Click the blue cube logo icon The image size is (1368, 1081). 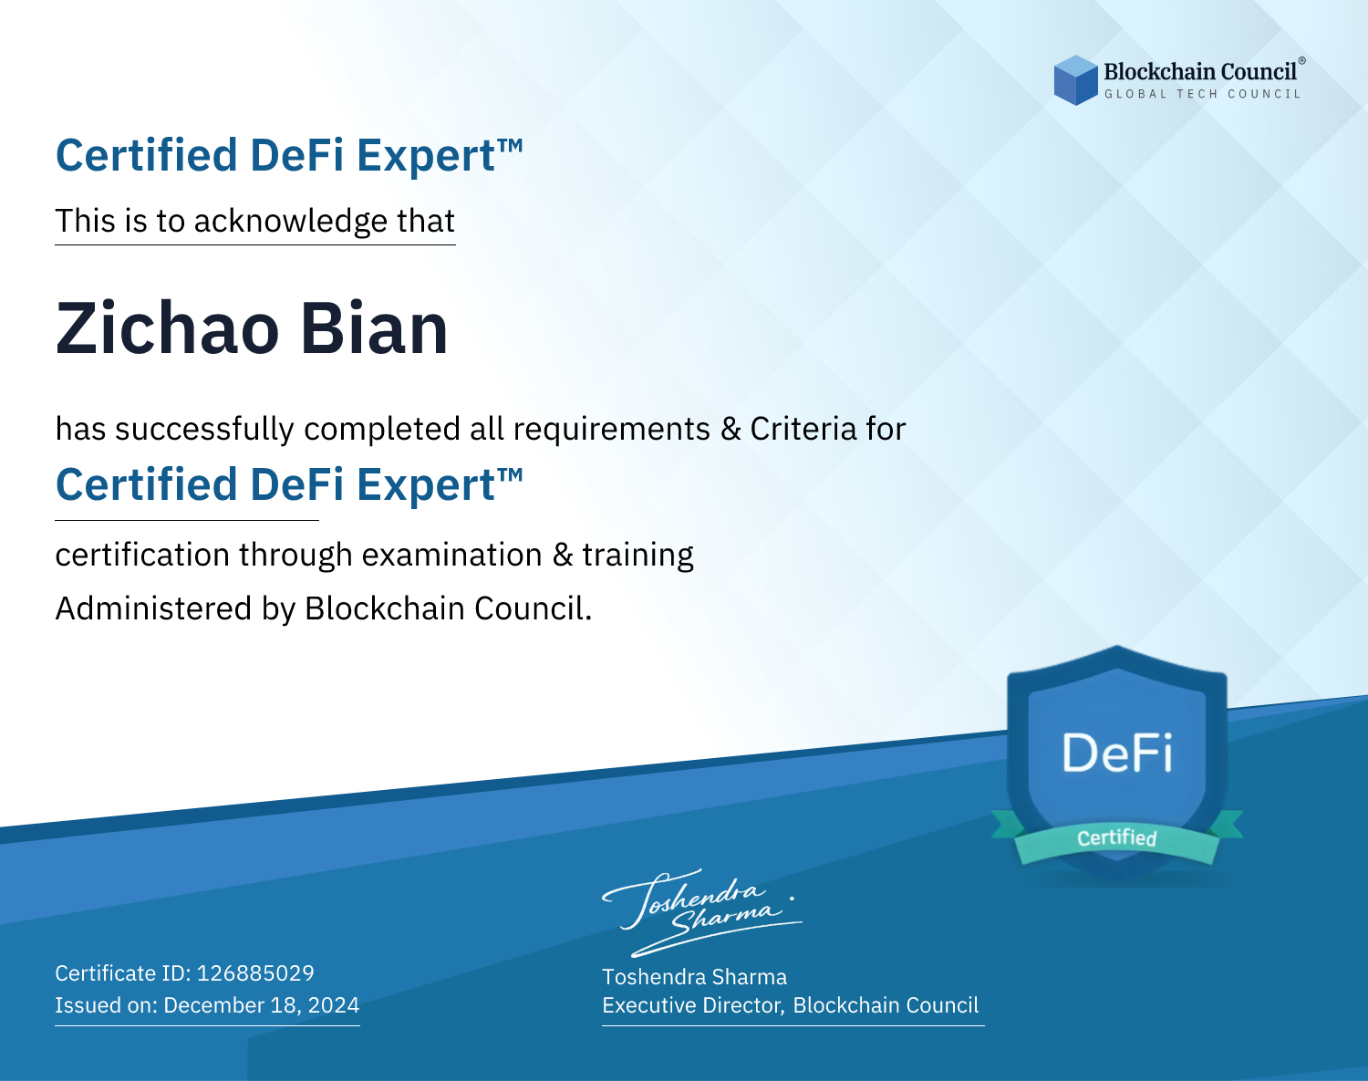(1075, 80)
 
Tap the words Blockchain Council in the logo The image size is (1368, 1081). (1200, 72)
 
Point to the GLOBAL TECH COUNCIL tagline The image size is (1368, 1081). (1202, 94)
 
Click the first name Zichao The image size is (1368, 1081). (167, 328)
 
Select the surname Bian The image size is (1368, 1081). (374, 328)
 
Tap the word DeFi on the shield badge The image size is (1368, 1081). (1117, 753)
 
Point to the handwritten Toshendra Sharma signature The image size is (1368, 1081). (702, 912)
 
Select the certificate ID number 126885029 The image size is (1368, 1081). (255, 972)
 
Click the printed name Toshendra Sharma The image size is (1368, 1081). (694, 977)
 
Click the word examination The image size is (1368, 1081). (452, 555)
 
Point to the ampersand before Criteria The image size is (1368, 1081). (731, 429)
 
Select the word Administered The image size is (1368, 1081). (154, 608)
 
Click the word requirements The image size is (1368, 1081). (612, 430)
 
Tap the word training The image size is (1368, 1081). (638, 556)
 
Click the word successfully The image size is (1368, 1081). (204, 430)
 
